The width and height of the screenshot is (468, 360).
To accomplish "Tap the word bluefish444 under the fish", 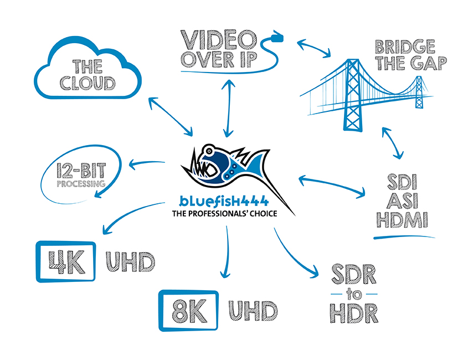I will point(223,201).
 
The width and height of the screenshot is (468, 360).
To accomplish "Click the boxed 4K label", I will point(66,261).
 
